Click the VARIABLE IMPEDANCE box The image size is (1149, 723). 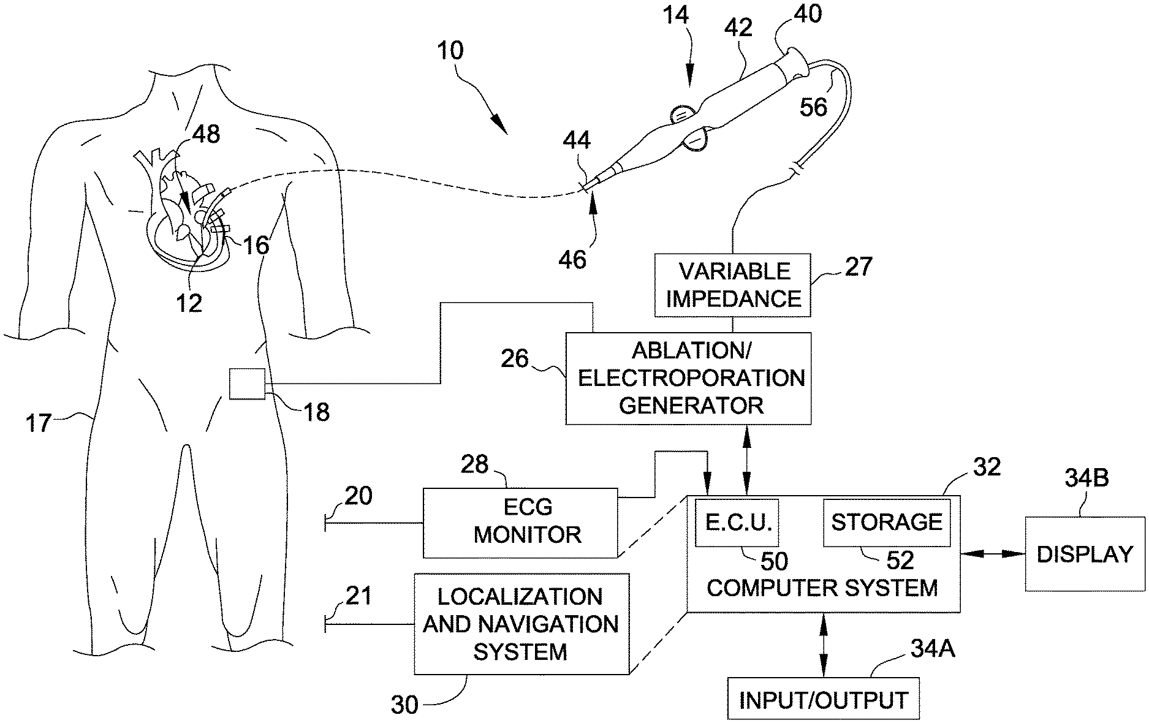click(732, 285)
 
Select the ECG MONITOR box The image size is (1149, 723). click(520, 522)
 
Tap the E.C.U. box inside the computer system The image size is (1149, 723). click(737, 522)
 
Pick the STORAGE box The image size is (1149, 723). click(886, 522)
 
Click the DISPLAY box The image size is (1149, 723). click(1085, 554)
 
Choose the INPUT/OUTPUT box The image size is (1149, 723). click(823, 699)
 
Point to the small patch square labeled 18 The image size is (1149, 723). click(248, 384)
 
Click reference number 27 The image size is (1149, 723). click(857, 267)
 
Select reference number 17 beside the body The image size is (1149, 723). click(38, 423)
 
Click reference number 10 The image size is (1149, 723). click(450, 50)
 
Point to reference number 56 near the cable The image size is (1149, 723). click(813, 107)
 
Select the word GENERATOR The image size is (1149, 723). click(691, 405)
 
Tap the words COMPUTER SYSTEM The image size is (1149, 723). click(822, 588)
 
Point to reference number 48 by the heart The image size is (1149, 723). click(206, 134)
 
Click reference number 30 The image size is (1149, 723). click(404, 705)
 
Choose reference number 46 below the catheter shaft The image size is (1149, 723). click(572, 259)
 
